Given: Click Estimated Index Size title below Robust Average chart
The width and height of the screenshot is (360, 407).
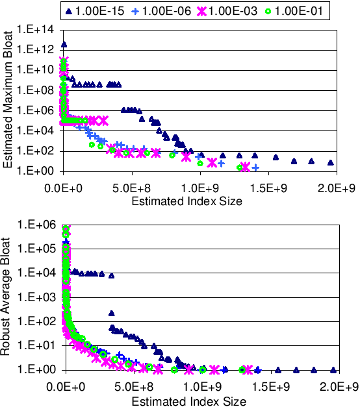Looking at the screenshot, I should pyautogui.click(x=188, y=401).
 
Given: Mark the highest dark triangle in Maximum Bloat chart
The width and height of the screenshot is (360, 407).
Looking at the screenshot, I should pyautogui.click(x=64, y=45).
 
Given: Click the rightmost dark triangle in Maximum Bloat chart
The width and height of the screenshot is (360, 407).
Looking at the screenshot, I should pyautogui.click(x=330, y=162).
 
